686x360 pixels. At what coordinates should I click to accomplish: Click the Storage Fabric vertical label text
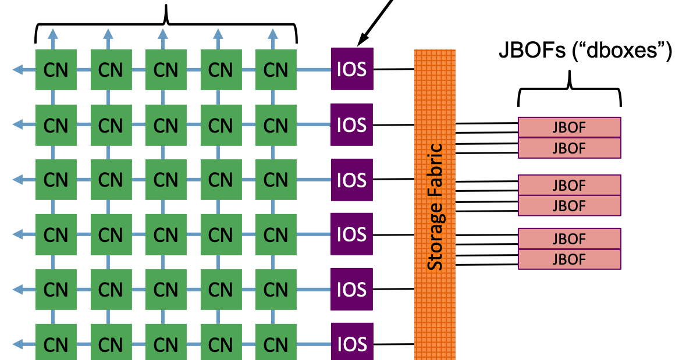[435, 207]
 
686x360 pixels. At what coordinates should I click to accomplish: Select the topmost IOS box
[351, 69]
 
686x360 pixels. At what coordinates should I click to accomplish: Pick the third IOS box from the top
[351, 180]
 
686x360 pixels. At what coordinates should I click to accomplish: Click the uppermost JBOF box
[569, 127]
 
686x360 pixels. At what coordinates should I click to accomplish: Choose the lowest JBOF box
[569, 259]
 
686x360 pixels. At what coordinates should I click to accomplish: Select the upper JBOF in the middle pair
[569, 186]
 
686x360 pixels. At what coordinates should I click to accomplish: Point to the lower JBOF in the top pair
[569, 148]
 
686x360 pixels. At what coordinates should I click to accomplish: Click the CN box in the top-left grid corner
[56, 70]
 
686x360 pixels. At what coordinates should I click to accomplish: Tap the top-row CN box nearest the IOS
[276, 70]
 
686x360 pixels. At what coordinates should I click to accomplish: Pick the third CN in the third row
[166, 180]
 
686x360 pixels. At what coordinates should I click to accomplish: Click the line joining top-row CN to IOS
[314, 70]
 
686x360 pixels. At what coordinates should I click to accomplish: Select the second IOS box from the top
[351, 124]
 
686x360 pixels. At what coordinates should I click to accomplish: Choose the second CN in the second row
[111, 125]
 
